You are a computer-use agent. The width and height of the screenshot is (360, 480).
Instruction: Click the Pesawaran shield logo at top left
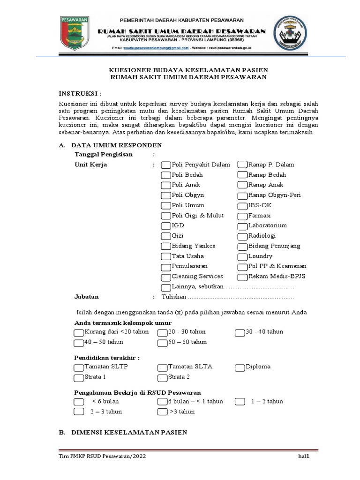pyautogui.click(x=78, y=33)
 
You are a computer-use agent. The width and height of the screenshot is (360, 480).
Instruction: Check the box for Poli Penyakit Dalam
pyautogui.click(x=166, y=165)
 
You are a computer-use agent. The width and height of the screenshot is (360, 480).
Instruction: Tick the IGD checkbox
pyautogui.click(x=166, y=226)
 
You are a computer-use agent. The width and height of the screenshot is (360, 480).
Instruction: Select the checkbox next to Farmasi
pyautogui.click(x=242, y=216)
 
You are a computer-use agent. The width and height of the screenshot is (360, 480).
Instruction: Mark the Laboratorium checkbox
pyautogui.click(x=242, y=226)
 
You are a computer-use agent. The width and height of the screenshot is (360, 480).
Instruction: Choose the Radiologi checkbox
pyautogui.click(x=242, y=236)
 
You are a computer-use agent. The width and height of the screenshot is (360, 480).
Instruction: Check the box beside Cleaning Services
pyautogui.click(x=166, y=277)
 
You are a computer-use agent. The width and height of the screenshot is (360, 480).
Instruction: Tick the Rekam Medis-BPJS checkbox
pyautogui.click(x=242, y=277)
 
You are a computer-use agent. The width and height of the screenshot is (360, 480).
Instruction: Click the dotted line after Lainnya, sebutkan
pyautogui.click(x=261, y=287)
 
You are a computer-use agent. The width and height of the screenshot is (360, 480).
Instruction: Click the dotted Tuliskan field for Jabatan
pyautogui.click(x=241, y=297)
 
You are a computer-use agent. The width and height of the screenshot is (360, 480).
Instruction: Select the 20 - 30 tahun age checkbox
pyautogui.click(x=162, y=332)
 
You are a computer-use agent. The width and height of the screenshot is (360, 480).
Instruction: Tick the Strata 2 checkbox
pyautogui.click(x=162, y=378)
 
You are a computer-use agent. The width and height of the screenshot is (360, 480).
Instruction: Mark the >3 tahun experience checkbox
pyautogui.click(x=162, y=412)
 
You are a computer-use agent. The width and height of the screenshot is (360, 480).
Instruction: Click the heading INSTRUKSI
pyautogui.click(x=80, y=93)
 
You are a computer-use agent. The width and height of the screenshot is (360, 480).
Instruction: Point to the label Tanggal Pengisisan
pyautogui.click(x=104, y=154)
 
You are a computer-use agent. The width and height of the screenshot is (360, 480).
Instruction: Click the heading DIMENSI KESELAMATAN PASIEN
pyautogui.click(x=129, y=432)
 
